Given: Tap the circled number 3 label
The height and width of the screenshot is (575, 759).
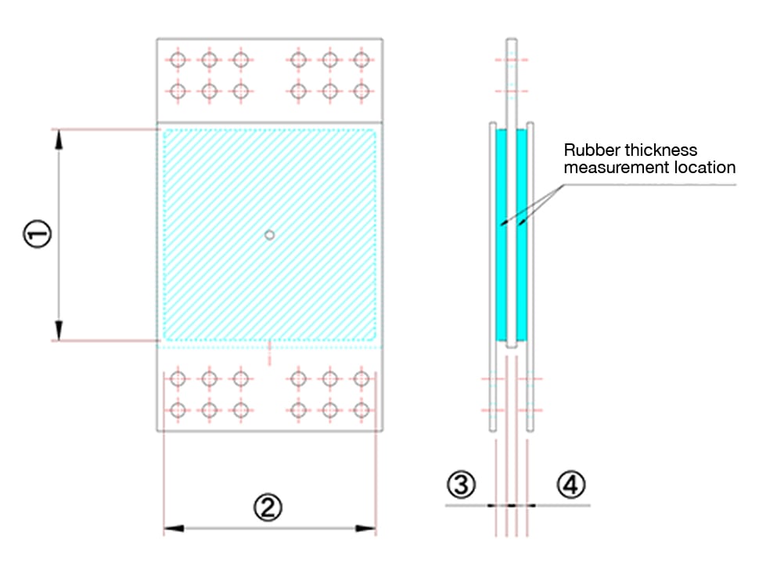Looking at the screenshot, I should tap(461, 485).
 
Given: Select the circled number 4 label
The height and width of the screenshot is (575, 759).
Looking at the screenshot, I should tap(570, 485).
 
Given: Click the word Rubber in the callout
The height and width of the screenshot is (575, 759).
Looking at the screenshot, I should tap(588, 150).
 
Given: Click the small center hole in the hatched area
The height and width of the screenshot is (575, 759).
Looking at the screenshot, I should tap(269, 234).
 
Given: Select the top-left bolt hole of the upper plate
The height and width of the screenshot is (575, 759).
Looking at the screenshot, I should tap(178, 60).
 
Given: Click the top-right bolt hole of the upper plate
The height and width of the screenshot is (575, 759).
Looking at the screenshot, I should tap(361, 60).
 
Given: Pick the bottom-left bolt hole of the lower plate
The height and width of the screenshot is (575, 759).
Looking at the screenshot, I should tap(178, 410).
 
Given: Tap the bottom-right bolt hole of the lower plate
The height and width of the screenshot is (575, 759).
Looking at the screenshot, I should tap(361, 410).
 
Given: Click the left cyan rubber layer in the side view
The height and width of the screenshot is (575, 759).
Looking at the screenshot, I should tap(502, 235).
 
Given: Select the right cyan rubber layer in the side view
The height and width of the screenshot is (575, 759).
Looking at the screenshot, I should tap(522, 235).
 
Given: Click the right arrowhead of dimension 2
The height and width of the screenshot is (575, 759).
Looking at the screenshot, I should tap(367, 529).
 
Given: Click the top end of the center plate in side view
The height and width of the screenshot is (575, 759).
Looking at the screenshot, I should tap(511, 41).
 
